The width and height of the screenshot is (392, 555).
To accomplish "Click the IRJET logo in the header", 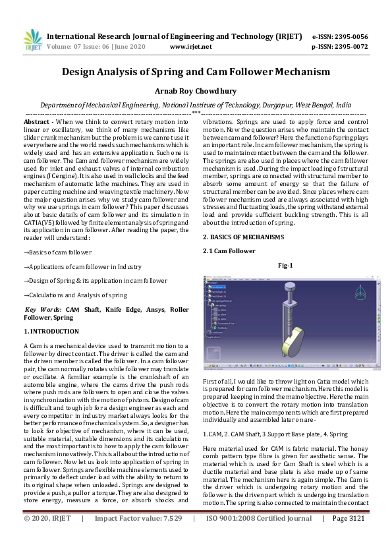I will point(32,41).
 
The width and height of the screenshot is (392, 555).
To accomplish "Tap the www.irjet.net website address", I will point(190,47).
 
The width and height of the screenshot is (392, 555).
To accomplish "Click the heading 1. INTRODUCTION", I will point(53,330).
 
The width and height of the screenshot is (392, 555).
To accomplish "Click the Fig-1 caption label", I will point(285,266).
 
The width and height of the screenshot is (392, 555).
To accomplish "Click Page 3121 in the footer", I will point(349,538).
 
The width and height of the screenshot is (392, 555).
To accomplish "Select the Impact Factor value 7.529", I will point(168,538).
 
